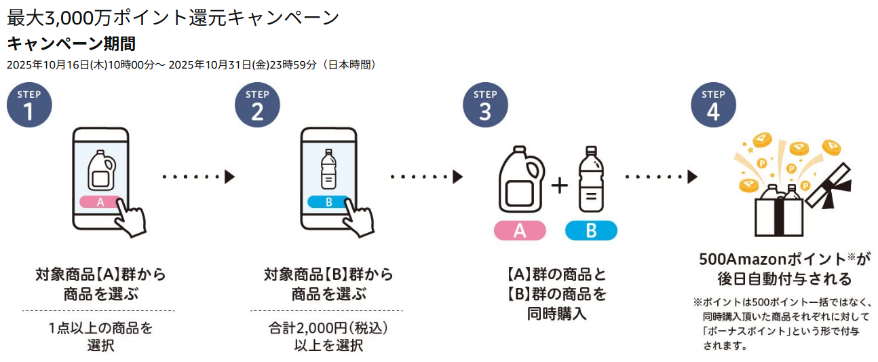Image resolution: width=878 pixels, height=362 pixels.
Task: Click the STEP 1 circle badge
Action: [28, 106]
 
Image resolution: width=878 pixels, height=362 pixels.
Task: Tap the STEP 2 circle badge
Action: [257, 106]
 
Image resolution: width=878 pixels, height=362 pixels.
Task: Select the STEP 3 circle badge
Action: [485, 106]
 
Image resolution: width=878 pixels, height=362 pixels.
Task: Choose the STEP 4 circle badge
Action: [713, 106]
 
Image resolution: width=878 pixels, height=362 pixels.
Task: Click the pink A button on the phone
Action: [100, 202]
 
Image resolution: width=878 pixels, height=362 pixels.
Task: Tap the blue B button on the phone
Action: [328, 202]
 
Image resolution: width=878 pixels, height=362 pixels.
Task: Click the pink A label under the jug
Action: [520, 230]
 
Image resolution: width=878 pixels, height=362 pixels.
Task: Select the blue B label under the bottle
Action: [591, 230]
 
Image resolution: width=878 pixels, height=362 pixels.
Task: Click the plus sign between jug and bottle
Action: [559, 185]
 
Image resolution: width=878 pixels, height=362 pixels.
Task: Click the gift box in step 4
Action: [780, 211]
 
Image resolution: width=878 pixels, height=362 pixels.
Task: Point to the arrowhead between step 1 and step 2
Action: [229, 177]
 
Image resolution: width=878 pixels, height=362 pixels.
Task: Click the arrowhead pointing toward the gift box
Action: [692, 177]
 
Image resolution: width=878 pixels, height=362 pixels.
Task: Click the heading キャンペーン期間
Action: [71, 44]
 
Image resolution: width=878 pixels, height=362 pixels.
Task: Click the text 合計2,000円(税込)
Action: [328, 329]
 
